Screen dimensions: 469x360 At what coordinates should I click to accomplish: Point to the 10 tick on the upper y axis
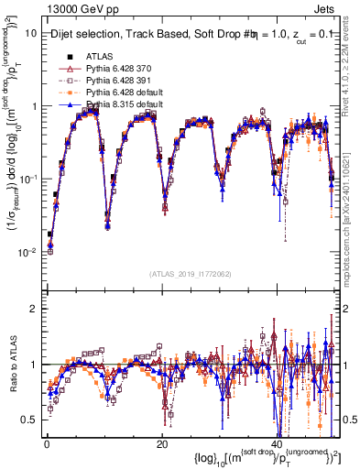coord(32,33)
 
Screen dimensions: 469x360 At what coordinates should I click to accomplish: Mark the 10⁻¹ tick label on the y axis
coord(29,179)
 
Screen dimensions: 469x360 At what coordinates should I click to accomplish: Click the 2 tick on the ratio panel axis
coord(35,308)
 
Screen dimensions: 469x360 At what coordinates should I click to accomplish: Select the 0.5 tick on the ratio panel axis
coord(31,420)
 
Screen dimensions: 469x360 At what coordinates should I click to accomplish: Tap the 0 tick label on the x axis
coord(47,442)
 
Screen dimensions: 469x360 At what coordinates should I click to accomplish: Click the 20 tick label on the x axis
coord(162,442)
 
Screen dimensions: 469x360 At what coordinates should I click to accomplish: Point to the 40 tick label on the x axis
coord(278,442)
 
